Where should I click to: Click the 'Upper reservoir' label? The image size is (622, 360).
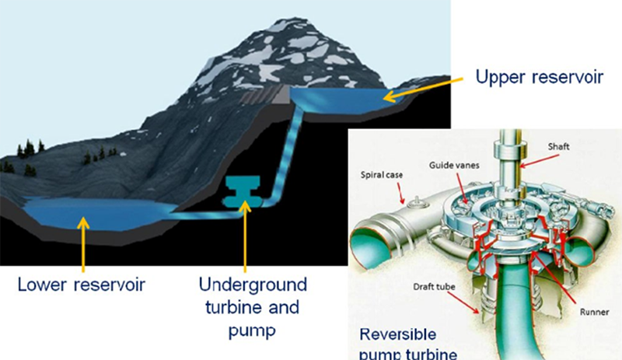pos(539,77)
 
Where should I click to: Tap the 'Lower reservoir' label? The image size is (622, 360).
pos(82,285)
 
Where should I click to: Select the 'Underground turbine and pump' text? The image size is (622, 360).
pos(253,307)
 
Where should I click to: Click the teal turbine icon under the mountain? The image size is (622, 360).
pos(243,192)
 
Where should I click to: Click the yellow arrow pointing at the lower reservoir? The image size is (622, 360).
pos(83,244)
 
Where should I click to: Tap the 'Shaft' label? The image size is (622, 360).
pos(558,146)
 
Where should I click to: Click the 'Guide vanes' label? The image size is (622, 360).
pos(454,165)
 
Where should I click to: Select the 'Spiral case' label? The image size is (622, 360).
pos(382,175)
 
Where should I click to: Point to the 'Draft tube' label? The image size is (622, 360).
pos(434,287)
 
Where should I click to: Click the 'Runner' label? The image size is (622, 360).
pos(594,312)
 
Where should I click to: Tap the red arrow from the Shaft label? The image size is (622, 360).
pos(539,161)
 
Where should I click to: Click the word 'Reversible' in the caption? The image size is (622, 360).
pos(398,334)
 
